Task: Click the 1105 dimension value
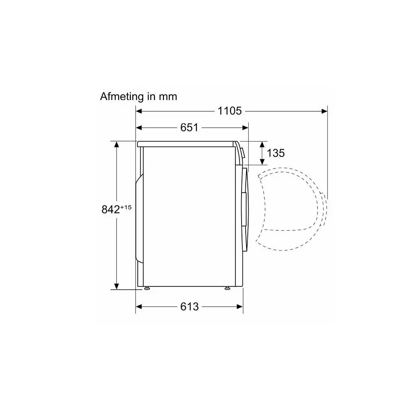click(x=229, y=111)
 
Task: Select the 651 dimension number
click(x=189, y=127)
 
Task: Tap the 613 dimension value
click(x=190, y=307)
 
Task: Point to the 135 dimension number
click(x=276, y=153)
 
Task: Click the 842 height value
click(x=111, y=209)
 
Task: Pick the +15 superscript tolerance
click(x=126, y=207)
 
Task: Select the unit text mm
click(x=168, y=97)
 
